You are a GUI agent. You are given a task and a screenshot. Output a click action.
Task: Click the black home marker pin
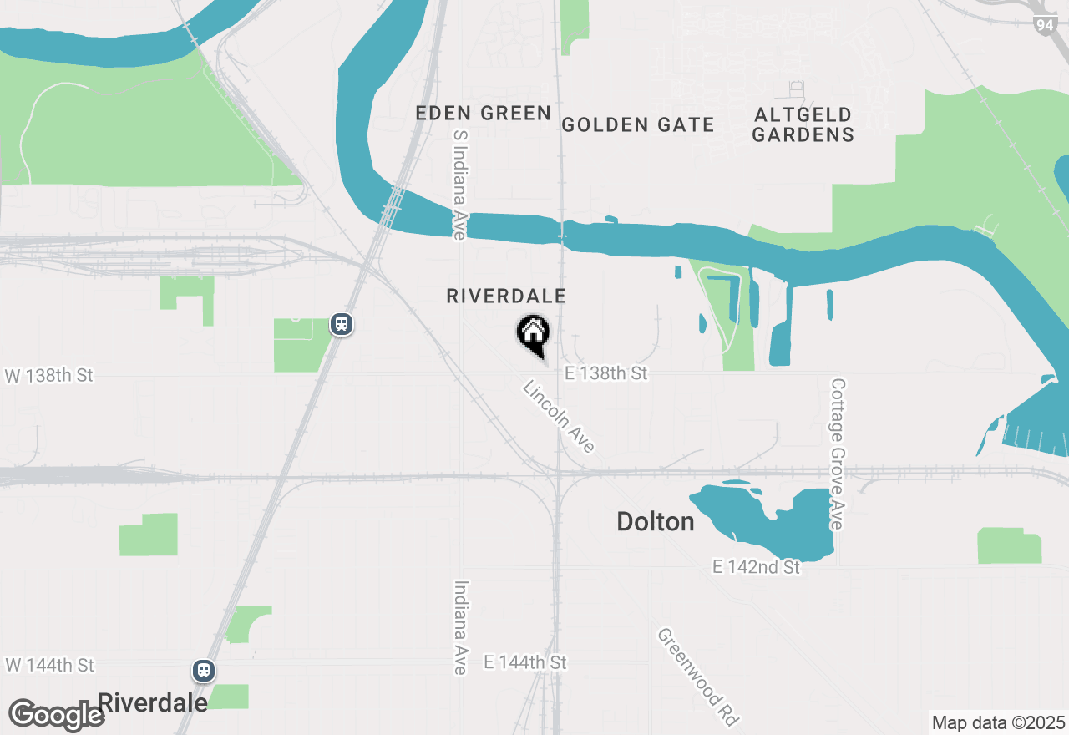coord(533,335)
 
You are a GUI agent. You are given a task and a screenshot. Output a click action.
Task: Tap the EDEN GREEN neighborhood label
coord(483,114)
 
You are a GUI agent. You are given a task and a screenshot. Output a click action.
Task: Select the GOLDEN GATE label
coord(637,125)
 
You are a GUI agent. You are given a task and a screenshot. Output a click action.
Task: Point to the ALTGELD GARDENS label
coord(803,124)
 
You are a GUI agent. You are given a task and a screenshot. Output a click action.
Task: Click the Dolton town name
coord(655,522)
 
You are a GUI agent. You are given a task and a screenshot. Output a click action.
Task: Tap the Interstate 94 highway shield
coord(1044,24)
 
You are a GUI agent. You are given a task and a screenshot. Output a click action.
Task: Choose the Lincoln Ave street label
coord(559,417)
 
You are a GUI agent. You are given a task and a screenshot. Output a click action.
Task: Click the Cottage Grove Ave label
coord(838,454)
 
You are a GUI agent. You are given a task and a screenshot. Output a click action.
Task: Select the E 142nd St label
coord(756,567)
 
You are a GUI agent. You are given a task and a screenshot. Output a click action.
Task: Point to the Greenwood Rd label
coord(698,677)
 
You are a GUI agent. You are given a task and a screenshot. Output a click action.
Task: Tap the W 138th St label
coord(49,376)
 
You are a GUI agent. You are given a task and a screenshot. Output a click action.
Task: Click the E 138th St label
coord(605,373)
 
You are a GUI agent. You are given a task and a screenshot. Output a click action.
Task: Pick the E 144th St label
coord(524,662)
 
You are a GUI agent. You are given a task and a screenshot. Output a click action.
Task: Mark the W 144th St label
coord(49,665)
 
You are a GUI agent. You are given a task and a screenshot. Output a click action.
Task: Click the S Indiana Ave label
coord(458,185)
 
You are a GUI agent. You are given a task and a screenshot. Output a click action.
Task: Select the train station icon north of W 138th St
coord(341,324)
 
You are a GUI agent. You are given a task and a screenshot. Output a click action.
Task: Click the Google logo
coord(57,716)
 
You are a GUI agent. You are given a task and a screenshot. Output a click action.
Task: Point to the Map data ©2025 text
coord(998,722)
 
